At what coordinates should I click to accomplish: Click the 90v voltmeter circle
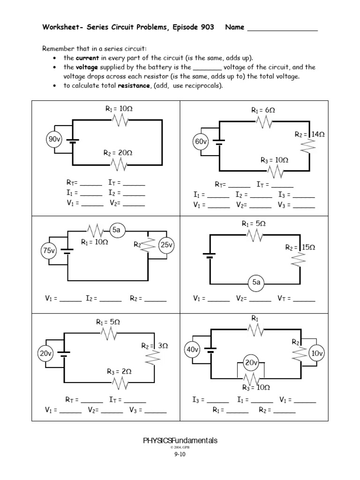click(53, 139)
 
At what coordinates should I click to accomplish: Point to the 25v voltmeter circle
click(167, 245)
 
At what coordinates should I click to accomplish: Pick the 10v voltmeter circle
click(317, 353)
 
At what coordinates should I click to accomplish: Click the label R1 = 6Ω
click(263, 111)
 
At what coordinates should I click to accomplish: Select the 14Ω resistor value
click(318, 134)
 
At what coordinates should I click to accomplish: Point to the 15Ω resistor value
click(309, 247)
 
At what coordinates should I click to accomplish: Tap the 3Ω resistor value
click(163, 345)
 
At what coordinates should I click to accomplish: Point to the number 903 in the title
click(205, 27)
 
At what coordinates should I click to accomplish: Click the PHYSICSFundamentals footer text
click(180, 441)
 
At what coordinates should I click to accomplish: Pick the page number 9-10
click(180, 454)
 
